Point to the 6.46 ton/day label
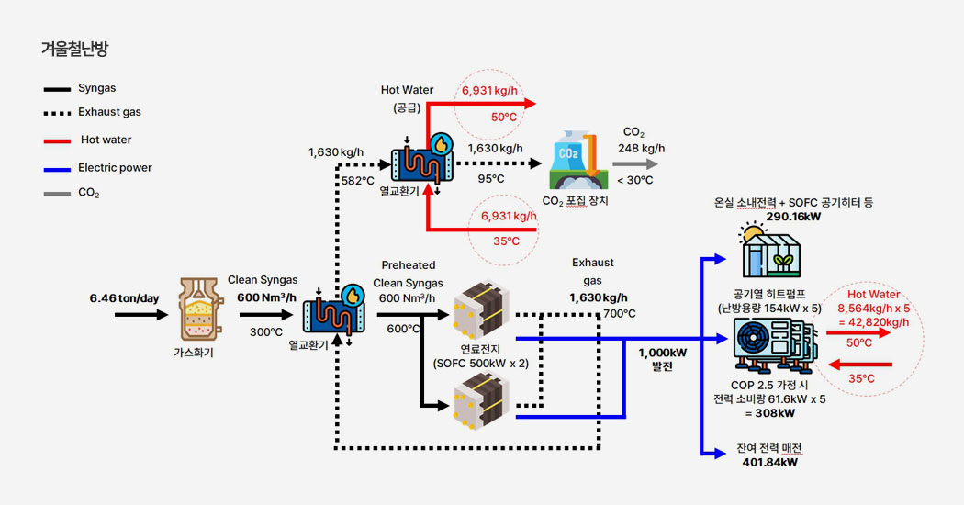[x=124, y=298]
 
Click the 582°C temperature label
[x=357, y=180]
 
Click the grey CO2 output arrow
[x=633, y=163]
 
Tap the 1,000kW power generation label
[x=661, y=352]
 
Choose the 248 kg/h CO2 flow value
[x=641, y=149]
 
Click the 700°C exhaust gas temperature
[x=620, y=314]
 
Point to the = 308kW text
[x=768, y=414]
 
